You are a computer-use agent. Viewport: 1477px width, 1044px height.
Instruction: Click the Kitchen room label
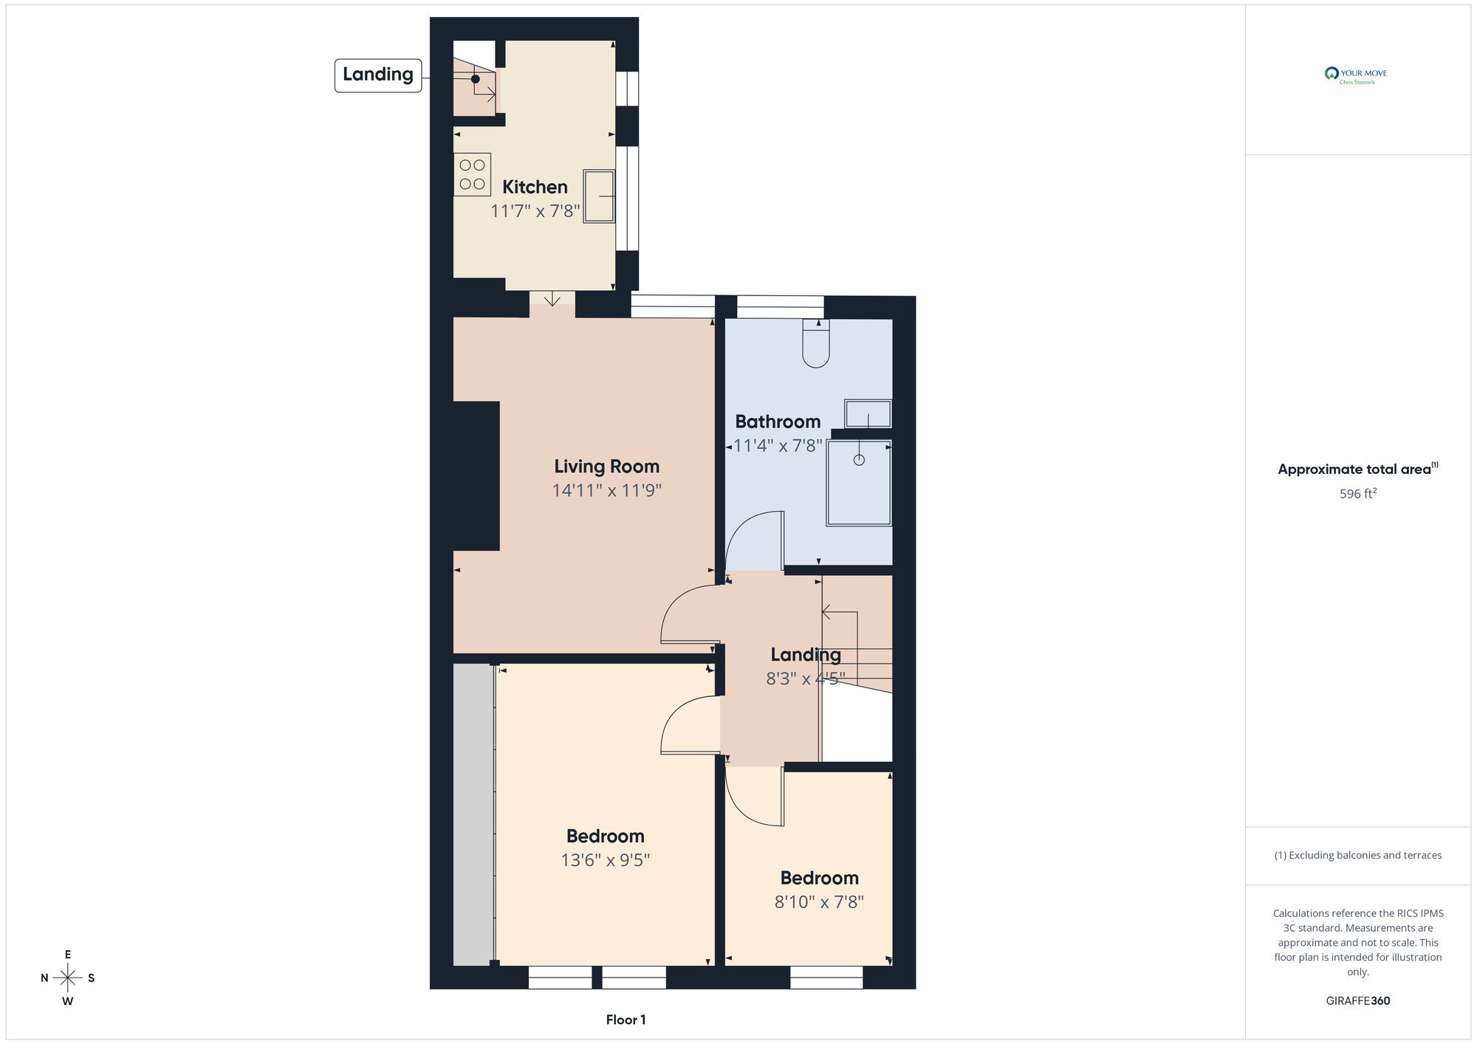[x=535, y=187]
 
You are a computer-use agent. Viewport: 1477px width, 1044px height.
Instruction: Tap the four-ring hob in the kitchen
[x=472, y=174]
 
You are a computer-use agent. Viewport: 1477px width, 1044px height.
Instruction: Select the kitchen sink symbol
[x=599, y=196]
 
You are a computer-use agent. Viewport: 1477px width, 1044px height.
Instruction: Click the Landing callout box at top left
[x=378, y=75]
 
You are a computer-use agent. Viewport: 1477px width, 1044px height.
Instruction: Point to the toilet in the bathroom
[x=816, y=344]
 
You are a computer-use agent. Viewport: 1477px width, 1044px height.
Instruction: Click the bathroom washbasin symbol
[x=868, y=413]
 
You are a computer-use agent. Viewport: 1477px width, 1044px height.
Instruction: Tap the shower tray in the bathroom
[x=859, y=484]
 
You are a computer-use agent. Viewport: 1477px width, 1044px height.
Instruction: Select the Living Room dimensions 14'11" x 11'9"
[x=606, y=490]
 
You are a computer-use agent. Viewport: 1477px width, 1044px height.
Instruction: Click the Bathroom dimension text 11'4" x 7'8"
[x=777, y=446]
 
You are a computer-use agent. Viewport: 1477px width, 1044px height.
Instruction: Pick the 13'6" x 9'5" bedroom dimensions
[x=605, y=860]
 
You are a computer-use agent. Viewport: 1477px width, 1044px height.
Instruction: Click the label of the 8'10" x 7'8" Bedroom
[x=819, y=878]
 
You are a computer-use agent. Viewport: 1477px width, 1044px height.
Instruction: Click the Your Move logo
[x=1357, y=76]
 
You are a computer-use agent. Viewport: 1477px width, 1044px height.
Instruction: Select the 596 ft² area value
[x=1357, y=494]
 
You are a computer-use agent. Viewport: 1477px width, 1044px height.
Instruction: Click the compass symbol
[x=68, y=978]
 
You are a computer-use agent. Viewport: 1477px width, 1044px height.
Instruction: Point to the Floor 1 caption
[x=626, y=1020]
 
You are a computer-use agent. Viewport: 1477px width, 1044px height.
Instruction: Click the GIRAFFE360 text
[x=1357, y=1001]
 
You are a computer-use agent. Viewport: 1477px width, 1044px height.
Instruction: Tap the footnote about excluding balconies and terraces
[x=1357, y=855]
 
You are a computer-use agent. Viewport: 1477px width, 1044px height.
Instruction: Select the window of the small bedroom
[x=826, y=977]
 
